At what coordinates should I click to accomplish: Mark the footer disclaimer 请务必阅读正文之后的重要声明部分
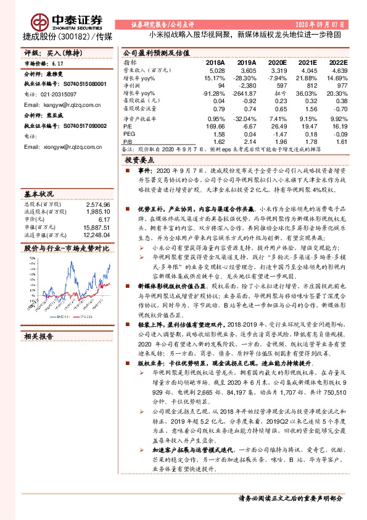[x=299, y=497]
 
